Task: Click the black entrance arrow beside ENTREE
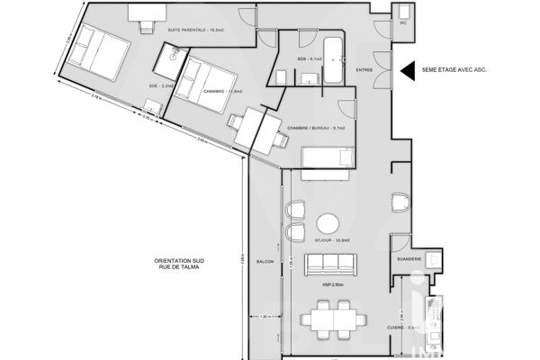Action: coord(407,67)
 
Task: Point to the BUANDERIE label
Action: coord(409,262)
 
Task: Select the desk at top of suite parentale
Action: coord(147,13)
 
